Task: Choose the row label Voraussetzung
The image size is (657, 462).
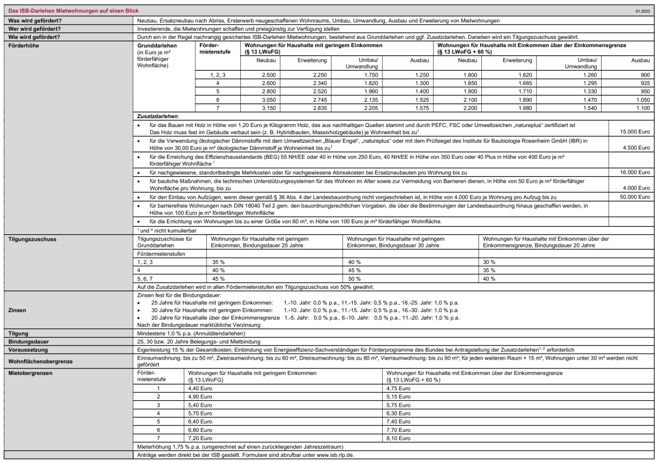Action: coord(26,349)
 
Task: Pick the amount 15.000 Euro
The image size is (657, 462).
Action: coord(635,132)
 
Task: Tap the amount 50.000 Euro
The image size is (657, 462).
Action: coord(635,196)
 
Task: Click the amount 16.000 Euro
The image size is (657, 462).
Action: coord(635,172)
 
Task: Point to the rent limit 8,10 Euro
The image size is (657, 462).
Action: coord(398,438)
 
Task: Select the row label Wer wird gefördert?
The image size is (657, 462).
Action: coord(35,28)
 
